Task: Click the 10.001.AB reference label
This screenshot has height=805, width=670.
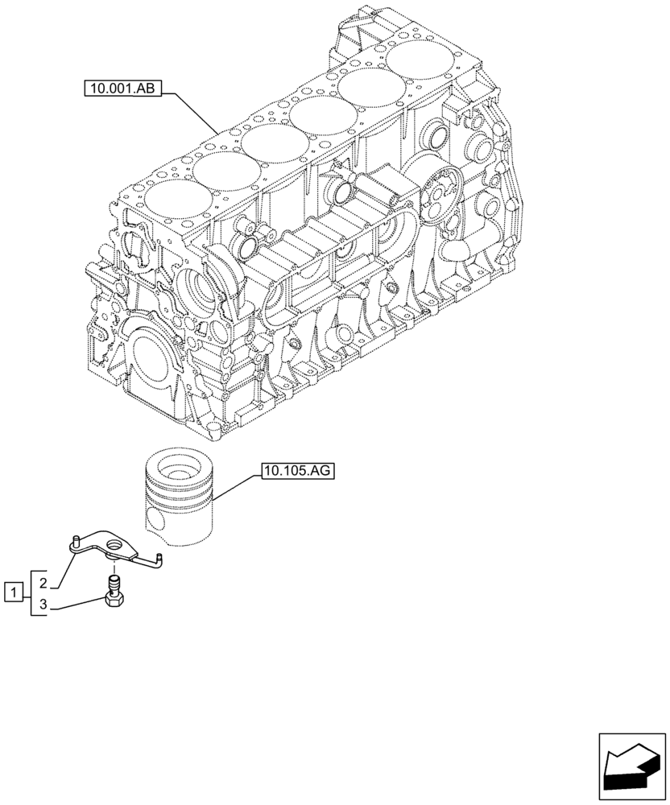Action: pos(123,89)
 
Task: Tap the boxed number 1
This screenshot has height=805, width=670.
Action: pos(12,593)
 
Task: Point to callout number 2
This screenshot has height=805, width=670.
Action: pos(45,581)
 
